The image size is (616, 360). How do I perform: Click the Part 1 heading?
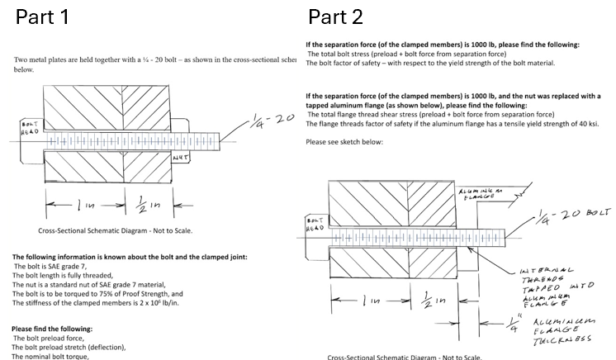tap(41, 16)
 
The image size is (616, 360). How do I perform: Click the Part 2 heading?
tap(335, 16)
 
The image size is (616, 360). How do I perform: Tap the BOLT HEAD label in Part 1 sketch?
tap(28, 128)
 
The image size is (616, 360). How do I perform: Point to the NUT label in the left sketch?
tap(181, 156)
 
